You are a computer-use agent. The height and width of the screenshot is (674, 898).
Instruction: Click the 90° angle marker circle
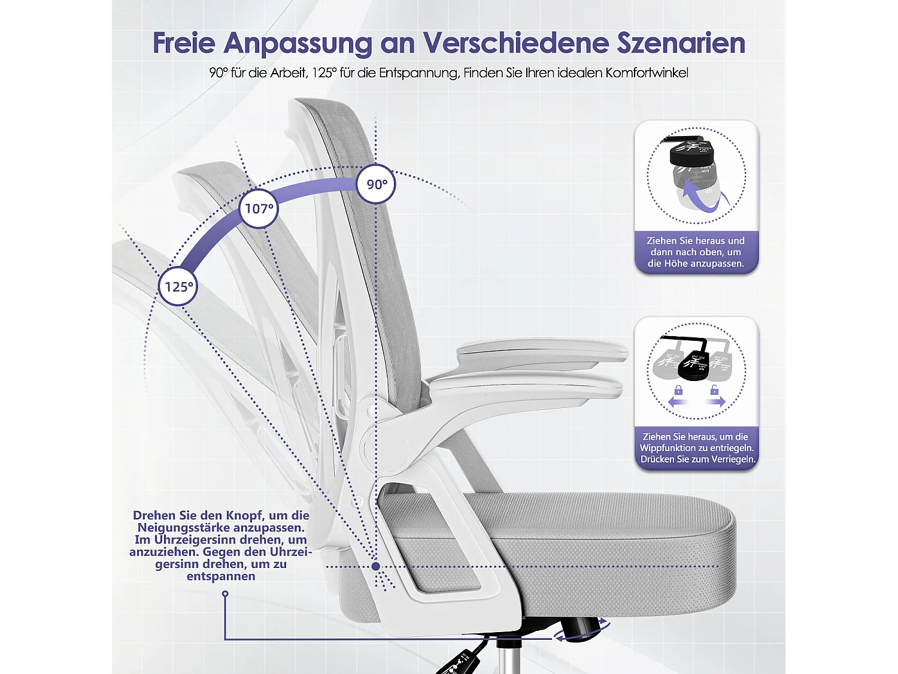(x=376, y=184)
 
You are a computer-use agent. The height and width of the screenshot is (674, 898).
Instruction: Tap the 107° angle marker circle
(x=259, y=208)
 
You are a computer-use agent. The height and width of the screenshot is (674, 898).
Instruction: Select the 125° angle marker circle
(x=178, y=286)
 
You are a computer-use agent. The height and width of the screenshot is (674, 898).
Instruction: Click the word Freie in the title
(x=184, y=43)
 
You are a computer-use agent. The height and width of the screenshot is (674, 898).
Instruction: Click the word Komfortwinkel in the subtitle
(x=647, y=73)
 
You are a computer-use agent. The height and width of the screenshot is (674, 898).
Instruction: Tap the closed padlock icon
(x=678, y=391)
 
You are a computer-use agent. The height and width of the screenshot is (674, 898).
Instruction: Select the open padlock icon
(x=714, y=391)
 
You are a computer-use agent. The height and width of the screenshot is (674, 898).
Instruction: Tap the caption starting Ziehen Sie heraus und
(x=696, y=252)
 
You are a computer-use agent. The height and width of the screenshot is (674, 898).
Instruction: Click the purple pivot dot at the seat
(x=375, y=566)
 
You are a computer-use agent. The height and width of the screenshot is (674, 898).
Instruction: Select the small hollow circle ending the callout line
(x=225, y=594)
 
